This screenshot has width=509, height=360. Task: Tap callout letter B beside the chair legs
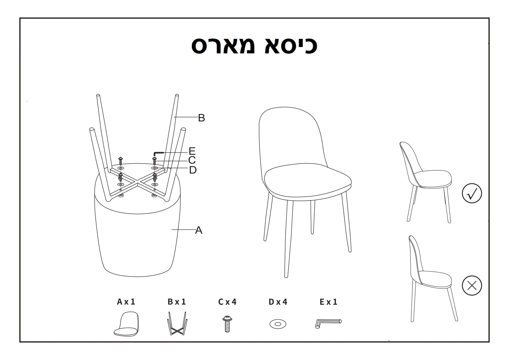(201, 118)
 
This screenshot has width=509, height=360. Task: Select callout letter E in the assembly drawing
(192, 151)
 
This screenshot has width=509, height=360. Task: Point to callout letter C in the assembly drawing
(192, 160)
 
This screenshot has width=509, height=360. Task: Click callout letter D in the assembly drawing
(193, 170)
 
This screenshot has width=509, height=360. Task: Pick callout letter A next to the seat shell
(199, 230)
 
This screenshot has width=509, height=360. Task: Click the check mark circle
(472, 193)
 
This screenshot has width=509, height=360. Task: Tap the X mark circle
(472, 285)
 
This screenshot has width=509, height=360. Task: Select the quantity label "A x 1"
(126, 302)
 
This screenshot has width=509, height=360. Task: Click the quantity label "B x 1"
(177, 302)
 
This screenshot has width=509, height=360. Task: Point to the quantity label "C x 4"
(227, 302)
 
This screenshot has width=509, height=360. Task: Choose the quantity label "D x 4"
(278, 302)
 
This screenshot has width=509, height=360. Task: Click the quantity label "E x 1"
(328, 302)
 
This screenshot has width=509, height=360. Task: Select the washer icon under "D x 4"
(278, 324)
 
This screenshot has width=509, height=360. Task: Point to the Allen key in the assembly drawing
(158, 153)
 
